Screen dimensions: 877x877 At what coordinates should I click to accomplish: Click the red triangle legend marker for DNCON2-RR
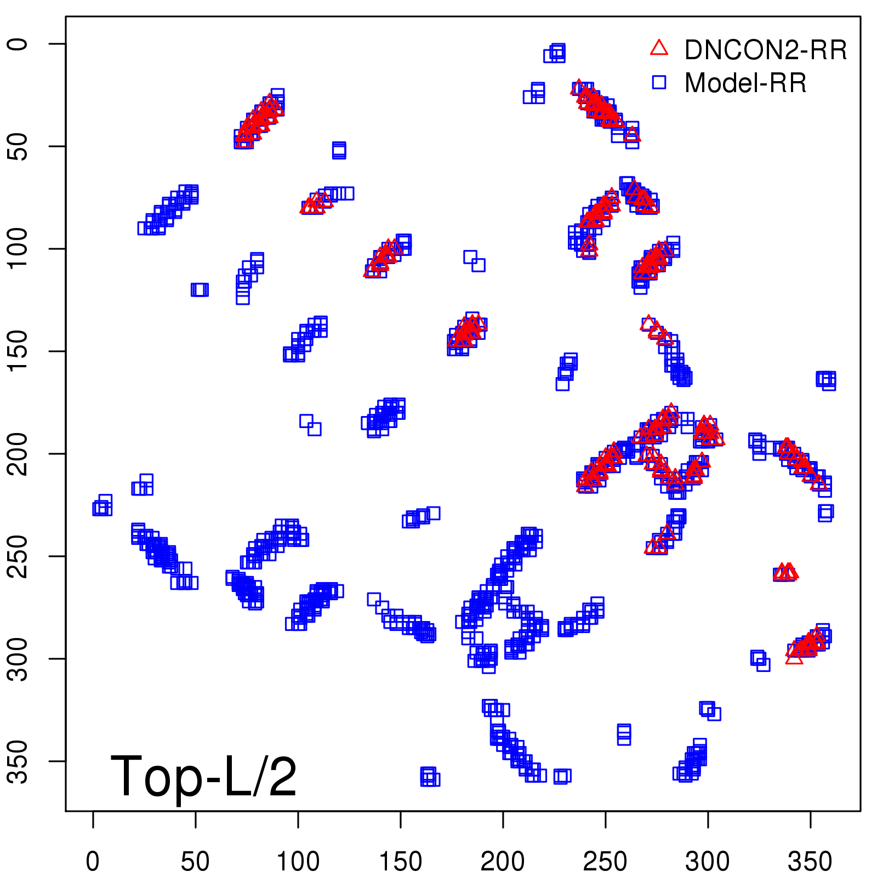pyautogui.click(x=659, y=48)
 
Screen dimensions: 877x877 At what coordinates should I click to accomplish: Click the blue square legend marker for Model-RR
pyautogui.click(x=659, y=82)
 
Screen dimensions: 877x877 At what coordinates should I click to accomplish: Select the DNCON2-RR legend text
pyautogui.click(x=766, y=50)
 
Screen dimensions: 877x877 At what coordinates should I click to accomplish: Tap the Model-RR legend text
pyautogui.click(x=745, y=83)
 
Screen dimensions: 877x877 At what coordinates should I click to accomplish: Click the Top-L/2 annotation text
pyautogui.click(x=203, y=776)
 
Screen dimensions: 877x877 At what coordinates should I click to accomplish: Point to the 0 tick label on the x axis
pyautogui.click(x=93, y=861)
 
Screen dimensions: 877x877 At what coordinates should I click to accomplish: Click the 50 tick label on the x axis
pyautogui.click(x=195, y=861)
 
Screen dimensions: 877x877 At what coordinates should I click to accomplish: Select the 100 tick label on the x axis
pyautogui.click(x=298, y=861)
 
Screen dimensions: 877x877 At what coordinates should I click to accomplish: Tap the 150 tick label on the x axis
pyautogui.click(x=400, y=861)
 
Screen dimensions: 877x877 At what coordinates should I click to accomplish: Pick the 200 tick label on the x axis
pyautogui.click(x=503, y=861)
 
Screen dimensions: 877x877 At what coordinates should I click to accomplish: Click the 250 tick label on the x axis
pyautogui.click(x=605, y=861)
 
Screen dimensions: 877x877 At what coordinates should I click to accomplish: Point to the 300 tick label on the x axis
pyautogui.click(x=708, y=861)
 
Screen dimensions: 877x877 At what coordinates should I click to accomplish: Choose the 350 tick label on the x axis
pyautogui.click(x=810, y=861)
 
